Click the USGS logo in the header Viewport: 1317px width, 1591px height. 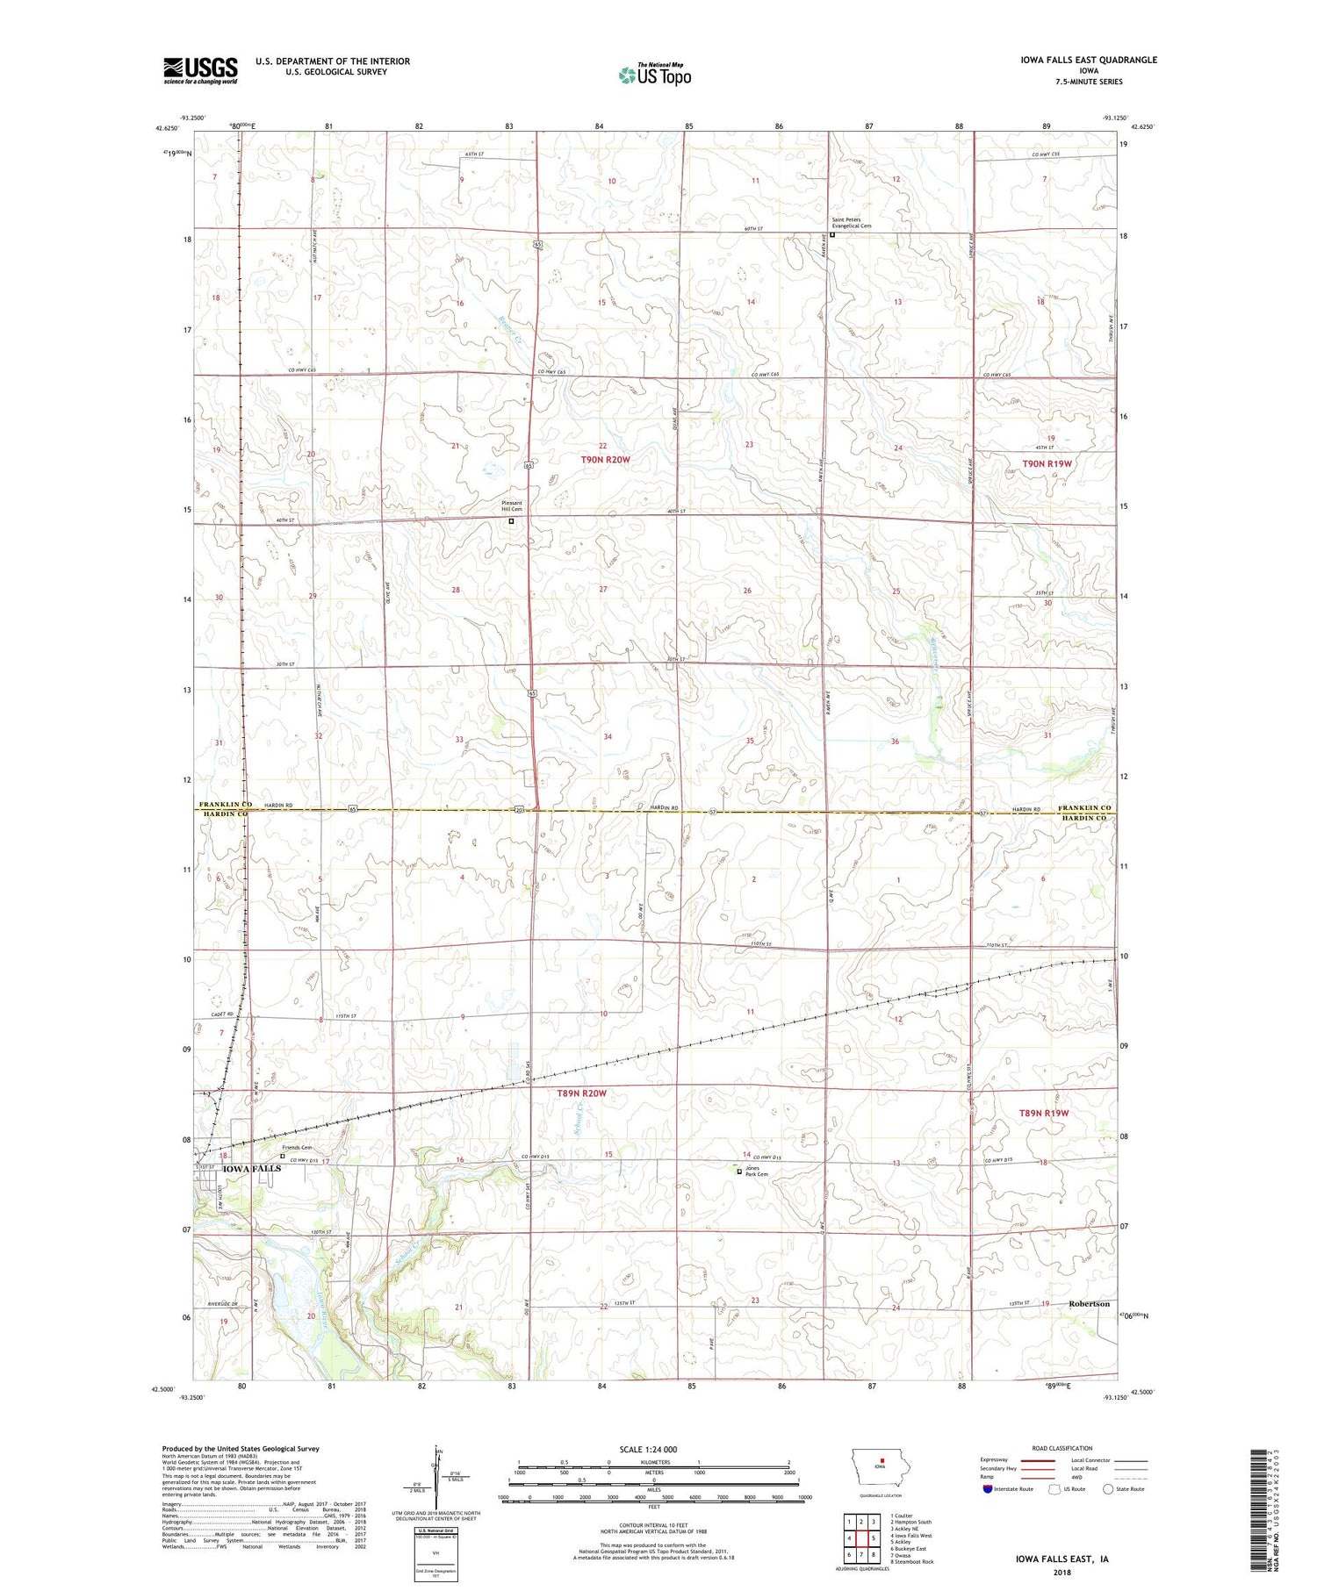click(x=200, y=70)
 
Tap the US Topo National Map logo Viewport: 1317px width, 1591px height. click(x=654, y=75)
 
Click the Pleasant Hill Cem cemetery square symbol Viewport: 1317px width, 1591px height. click(x=512, y=520)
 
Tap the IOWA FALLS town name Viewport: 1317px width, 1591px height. click(x=251, y=1169)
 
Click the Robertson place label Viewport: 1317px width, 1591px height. click(x=1089, y=1304)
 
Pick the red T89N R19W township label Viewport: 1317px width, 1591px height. click(x=1043, y=1113)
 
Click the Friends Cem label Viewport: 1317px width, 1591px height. click(x=296, y=1148)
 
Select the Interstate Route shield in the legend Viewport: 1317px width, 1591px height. click(x=988, y=1489)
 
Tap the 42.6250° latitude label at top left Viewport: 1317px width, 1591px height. click(x=167, y=128)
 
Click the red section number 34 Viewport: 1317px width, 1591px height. click(x=608, y=736)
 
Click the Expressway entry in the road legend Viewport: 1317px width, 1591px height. click(x=994, y=1460)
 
